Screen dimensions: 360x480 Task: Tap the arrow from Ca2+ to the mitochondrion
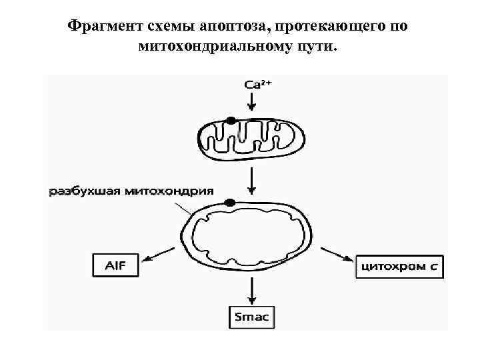click(x=251, y=102)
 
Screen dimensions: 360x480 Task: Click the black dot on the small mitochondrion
click(x=231, y=121)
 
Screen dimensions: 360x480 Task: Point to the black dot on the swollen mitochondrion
click(x=231, y=202)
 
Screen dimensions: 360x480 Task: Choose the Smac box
click(x=251, y=317)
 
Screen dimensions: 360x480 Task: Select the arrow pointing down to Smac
click(x=251, y=291)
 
